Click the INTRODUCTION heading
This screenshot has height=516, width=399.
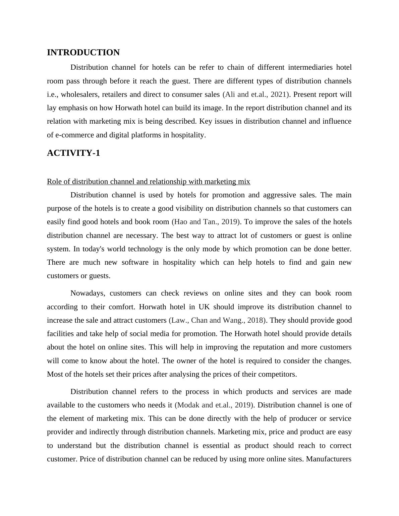click(83, 53)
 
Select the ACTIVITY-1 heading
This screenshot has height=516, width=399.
click(73, 153)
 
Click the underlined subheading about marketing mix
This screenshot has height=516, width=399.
click(148, 182)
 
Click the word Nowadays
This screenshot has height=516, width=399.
click(88, 293)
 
